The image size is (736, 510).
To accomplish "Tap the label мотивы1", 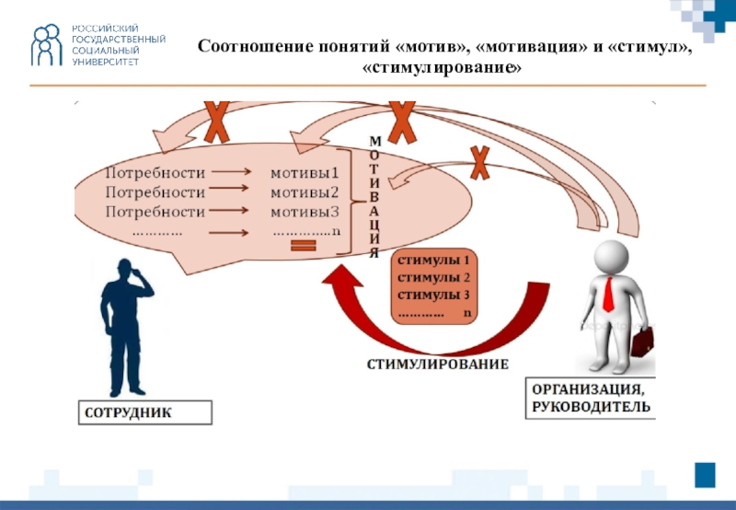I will tap(305, 172).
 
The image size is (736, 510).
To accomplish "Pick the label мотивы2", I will tap(305, 192).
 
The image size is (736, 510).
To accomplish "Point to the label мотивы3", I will tap(305, 212).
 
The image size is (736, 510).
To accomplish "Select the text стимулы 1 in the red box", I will tap(433, 260).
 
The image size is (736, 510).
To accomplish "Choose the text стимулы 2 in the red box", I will tap(433, 277).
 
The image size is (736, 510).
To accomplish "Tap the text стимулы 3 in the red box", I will tap(433, 295).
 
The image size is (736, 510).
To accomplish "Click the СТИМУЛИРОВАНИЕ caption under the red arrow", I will tap(437, 365).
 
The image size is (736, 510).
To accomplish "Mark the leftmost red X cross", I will tap(216, 122).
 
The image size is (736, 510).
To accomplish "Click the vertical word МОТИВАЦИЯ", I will tap(374, 196).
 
